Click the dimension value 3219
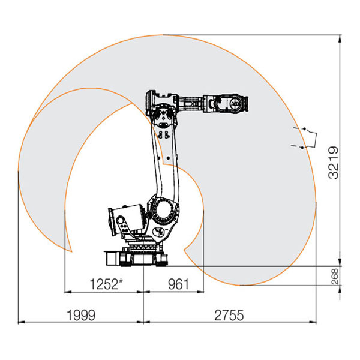point(334,163)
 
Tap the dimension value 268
point(335,277)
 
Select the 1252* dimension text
point(106,284)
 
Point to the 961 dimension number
point(178,284)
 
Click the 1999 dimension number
point(81,315)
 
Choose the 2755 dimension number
point(229,315)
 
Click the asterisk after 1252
point(121,281)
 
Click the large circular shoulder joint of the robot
point(163,211)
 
